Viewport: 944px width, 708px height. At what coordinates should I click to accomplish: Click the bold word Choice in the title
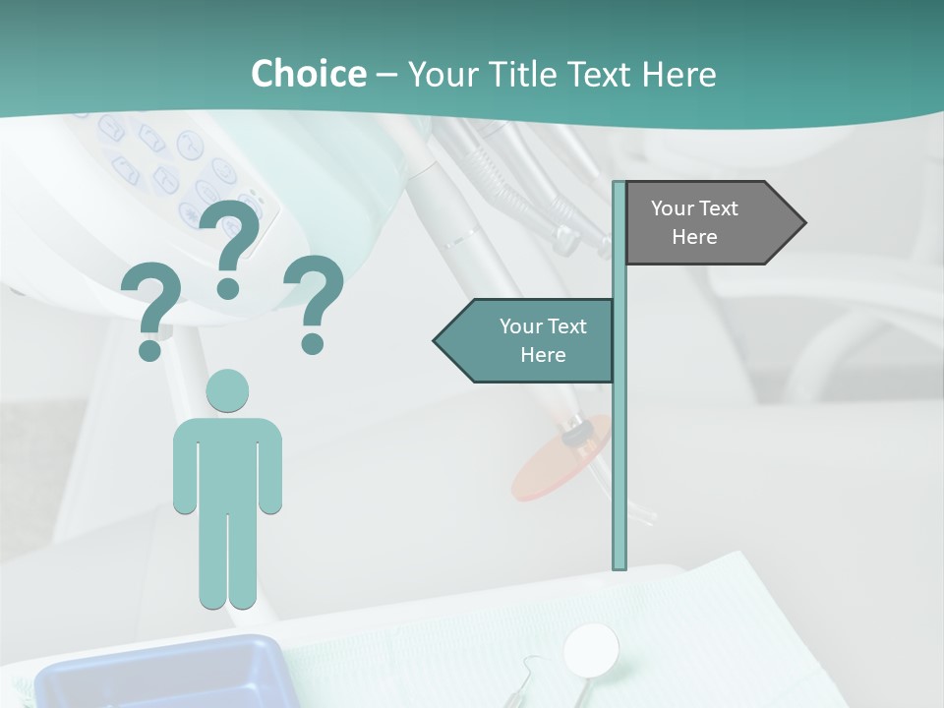(308, 74)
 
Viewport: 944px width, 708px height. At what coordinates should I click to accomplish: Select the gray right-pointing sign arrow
(708, 223)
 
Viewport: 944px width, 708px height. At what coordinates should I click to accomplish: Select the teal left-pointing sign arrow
(531, 341)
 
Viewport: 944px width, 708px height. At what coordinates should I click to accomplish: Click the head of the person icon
(227, 391)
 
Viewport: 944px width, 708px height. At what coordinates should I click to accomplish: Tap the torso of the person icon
(227, 462)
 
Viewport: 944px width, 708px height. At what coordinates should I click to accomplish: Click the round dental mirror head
(591, 648)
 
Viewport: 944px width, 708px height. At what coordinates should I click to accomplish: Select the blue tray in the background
(157, 674)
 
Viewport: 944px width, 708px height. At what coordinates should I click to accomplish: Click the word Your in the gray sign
(673, 208)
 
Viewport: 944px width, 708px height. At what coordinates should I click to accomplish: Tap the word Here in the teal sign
(543, 355)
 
